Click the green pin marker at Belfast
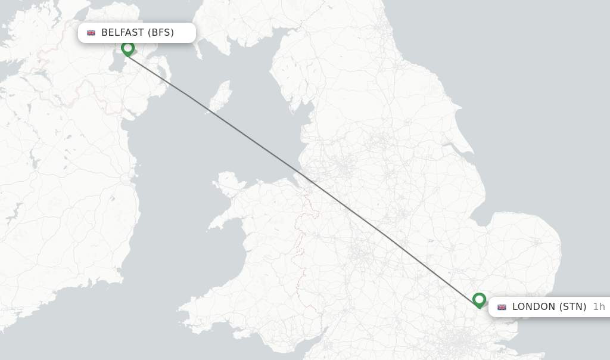(127, 48)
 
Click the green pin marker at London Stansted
(479, 300)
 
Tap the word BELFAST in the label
(122, 33)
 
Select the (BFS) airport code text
(161, 33)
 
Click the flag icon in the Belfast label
(91, 33)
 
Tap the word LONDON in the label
(534, 307)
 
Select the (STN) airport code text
(572, 307)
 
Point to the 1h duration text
(599, 307)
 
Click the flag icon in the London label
(502, 307)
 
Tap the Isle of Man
(222, 95)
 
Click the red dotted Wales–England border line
(298, 250)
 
